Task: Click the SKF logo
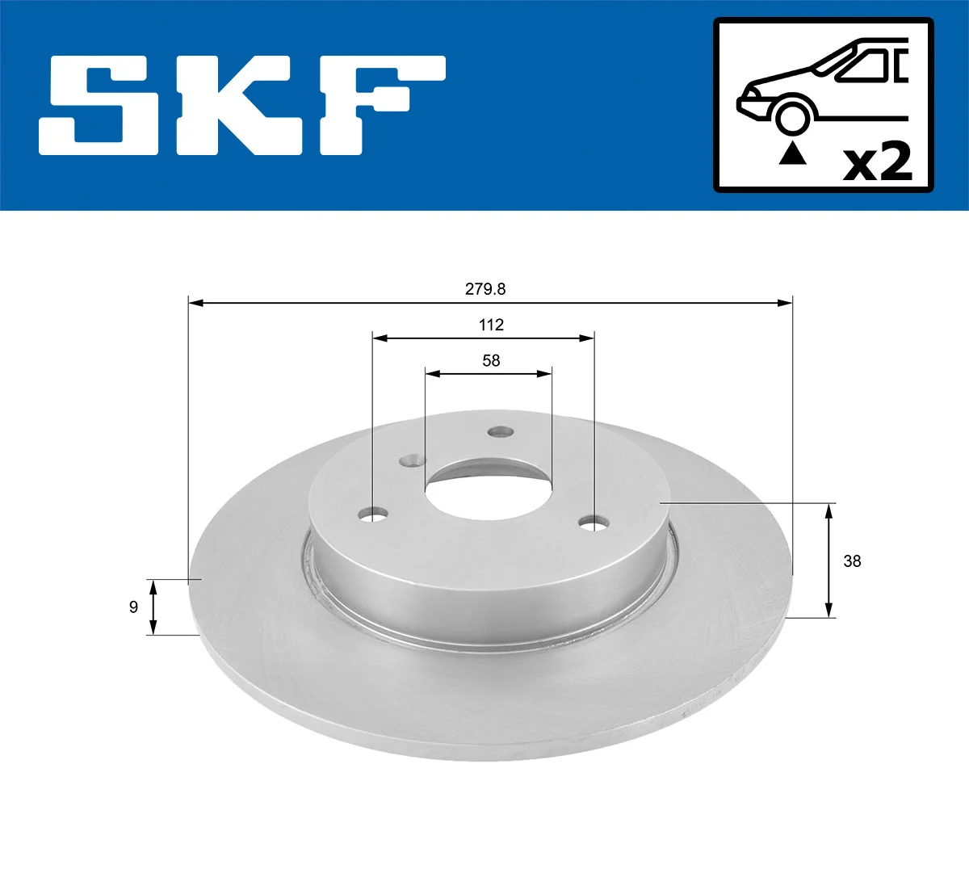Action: [x=242, y=105]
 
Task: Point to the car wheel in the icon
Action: [x=792, y=116]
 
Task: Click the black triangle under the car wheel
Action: [x=792, y=153]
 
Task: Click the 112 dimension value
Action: [x=491, y=325]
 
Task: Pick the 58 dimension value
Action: [x=491, y=360]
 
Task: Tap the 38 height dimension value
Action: [x=852, y=561]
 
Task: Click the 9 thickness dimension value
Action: [x=134, y=607]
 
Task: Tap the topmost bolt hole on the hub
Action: [x=501, y=432]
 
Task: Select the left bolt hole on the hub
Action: [x=373, y=514]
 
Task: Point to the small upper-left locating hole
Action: [x=413, y=461]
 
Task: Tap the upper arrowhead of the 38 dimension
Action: [x=828, y=509]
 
